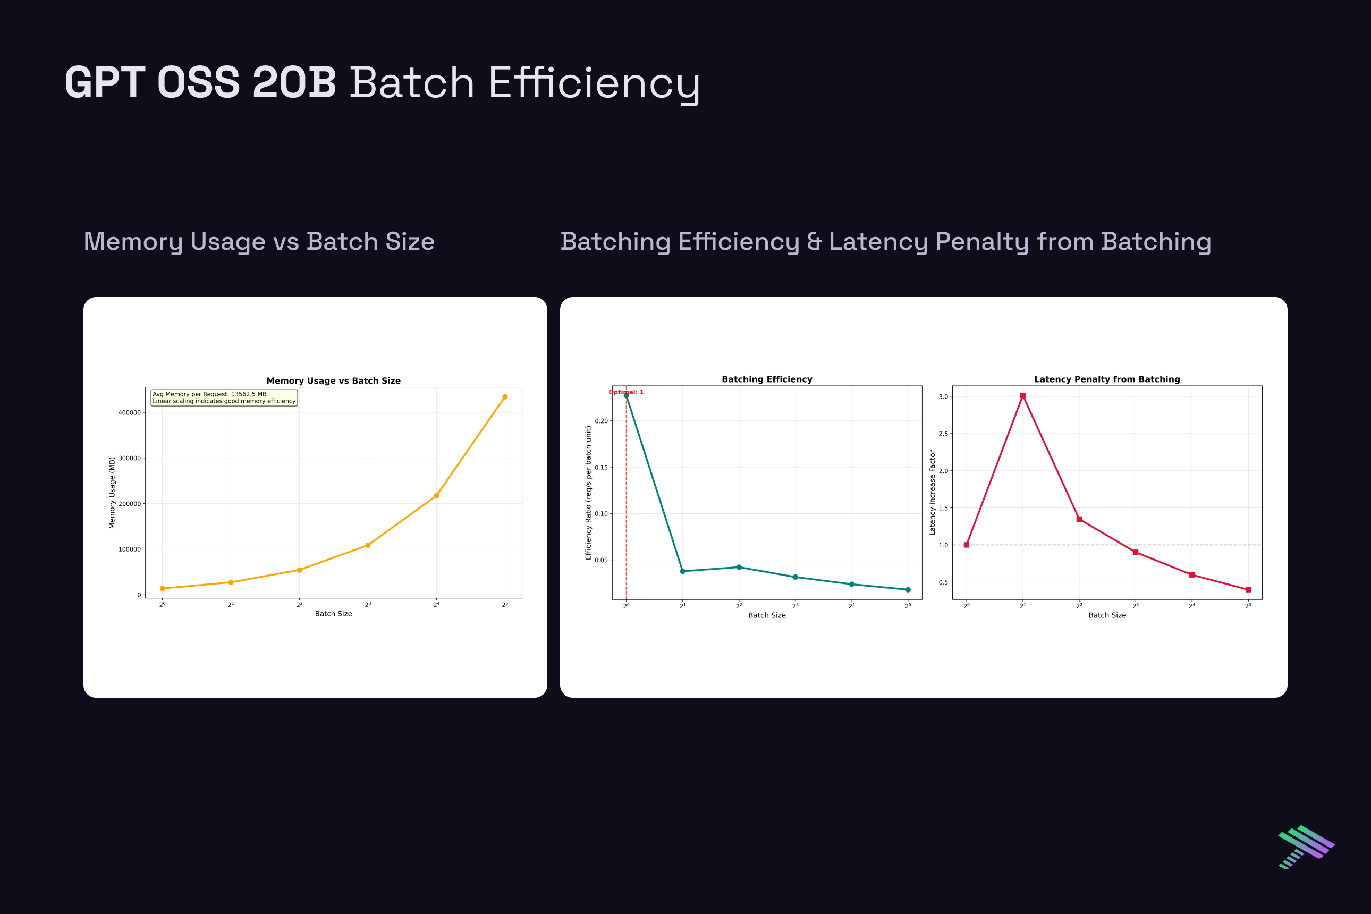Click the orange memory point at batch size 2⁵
pos(505,397)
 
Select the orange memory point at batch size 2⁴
pos(436,495)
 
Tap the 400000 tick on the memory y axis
pos(130,413)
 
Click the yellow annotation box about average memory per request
pos(224,397)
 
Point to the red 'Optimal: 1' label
pos(626,392)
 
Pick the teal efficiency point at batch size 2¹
pos(683,571)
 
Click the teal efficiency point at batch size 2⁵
pos(908,590)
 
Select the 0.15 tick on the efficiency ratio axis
pos(601,468)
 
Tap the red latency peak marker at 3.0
pos(1022,396)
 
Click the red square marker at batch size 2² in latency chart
pos(1079,519)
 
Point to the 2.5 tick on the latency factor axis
pos(943,434)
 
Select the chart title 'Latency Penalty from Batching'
pos(1106,379)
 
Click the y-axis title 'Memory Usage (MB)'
pos(113,493)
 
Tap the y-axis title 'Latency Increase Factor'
pos(932,493)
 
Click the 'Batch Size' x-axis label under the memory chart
pos(333,614)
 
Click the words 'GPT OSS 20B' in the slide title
pos(200,83)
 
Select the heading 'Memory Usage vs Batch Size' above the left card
pos(259,242)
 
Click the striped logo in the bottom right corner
pos(1306,847)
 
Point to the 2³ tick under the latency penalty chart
pos(1135,606)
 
